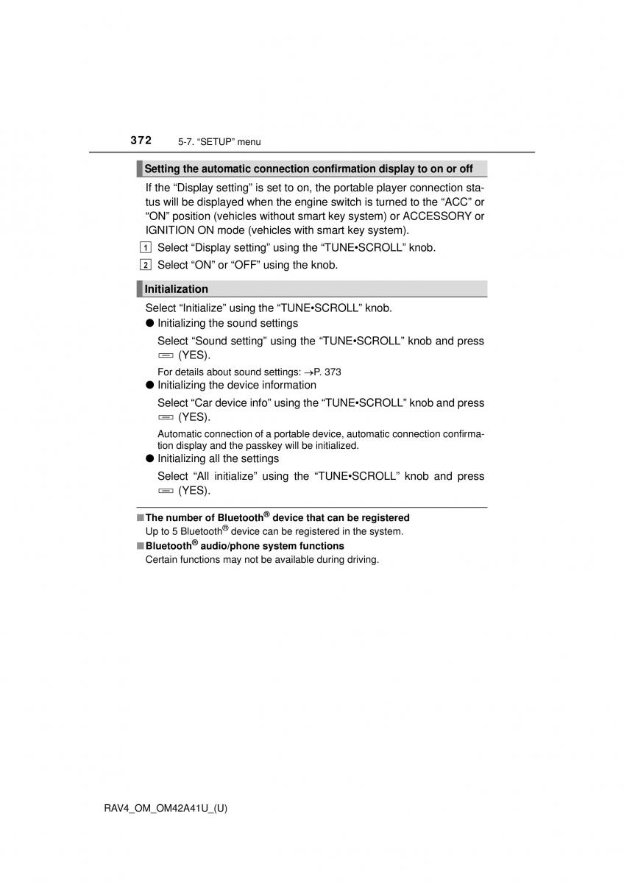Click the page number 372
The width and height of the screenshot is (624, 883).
point(141,140)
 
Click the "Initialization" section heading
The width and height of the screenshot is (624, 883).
point(176,289)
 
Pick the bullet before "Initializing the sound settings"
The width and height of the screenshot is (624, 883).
point(149,323)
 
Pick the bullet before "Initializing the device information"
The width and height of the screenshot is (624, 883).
point(149,385)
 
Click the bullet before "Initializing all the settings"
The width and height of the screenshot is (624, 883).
point(149,458)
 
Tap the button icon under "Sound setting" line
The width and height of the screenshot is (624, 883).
point(165,355)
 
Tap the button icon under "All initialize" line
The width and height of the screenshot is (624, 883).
point(165,491)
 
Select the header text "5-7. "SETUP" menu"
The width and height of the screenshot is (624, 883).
point(219,142)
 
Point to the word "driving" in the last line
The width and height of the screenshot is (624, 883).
point(360,559)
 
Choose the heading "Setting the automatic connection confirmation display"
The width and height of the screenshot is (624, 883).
point(308,169)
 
